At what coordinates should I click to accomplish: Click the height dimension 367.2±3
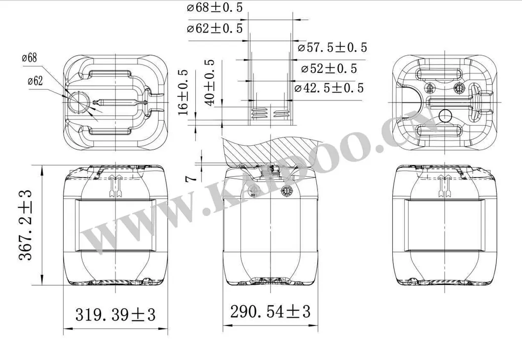pyautogui.click(x=26, y=225)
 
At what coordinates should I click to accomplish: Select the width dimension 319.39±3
pyautogui.click(x=115, y=313)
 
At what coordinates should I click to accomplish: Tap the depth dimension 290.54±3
pyautogui.click(x=271, y=311)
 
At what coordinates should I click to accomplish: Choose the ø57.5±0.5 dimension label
pyautogui.click(x=333, y=47)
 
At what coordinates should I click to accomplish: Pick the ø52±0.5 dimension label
pyautogui.click(x=326, y=68)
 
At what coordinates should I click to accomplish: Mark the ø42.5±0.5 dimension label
pyautogui.click(x=329, y=88)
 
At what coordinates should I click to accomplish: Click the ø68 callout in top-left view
pyautogui.click(x=30, y=58)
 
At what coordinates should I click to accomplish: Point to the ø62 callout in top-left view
pyautogui.click(x=32, y=81)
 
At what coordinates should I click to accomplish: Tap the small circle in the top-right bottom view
pyautogui.click(x=445, y=116)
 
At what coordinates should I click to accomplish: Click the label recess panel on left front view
pyautogui.click(x=114, y=226)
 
